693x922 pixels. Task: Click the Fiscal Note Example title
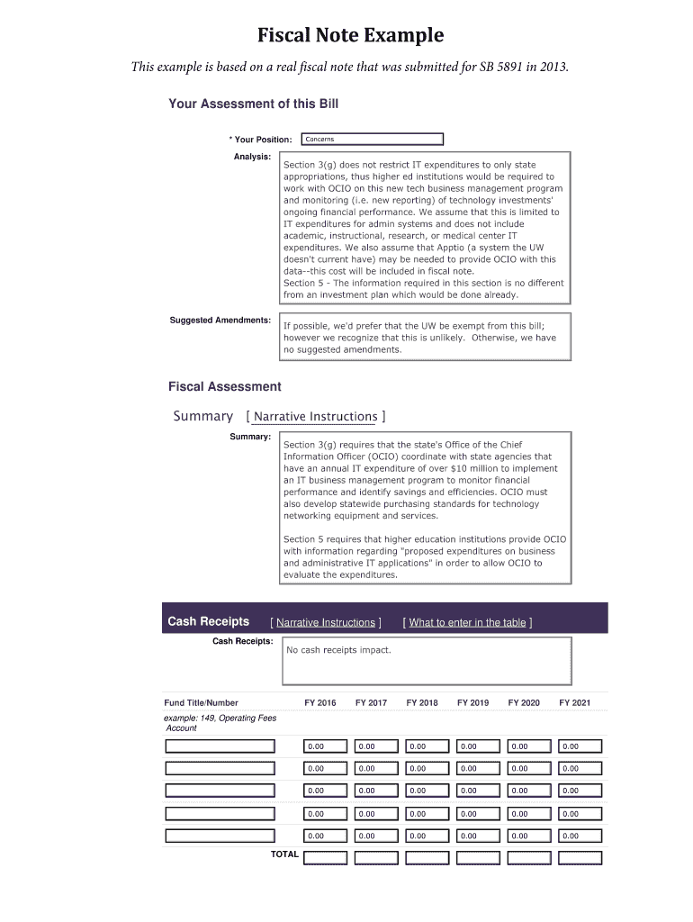[x=350, y=36]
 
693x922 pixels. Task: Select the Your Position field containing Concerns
[x=373, y=140]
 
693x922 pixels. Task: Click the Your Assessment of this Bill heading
[x=253, y=104]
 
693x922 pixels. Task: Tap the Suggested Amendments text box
[x=425, y=337]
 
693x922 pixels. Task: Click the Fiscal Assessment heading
[x=224, y=387]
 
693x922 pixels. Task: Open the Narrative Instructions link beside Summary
[x=316, y=417]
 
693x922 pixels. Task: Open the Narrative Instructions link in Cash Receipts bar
[x=325, y=622]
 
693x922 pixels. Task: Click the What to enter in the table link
[x=467, y=622]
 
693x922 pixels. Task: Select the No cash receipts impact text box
[x=427, y=661]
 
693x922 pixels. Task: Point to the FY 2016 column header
[x=320, y=702]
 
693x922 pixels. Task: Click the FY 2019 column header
[x=472, y=702]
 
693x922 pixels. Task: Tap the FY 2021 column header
[x=574, y=702]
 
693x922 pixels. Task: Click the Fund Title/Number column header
[x=201, y=702]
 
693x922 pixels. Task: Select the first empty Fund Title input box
[x=220, y=746]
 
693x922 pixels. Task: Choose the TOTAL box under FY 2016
[x=325, y=857]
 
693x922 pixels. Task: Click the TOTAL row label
[x=284, y=854]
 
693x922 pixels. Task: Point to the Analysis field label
[x=252, y=157]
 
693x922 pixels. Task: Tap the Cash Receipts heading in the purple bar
[x=208, y=621]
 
